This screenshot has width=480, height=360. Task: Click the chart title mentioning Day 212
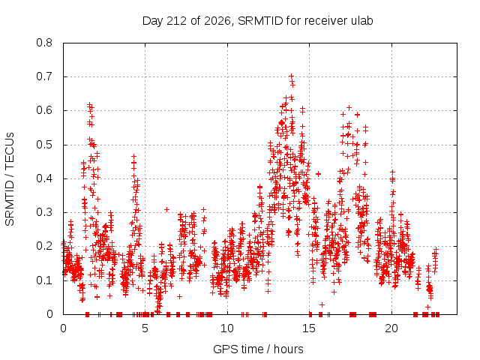tap(258, 21)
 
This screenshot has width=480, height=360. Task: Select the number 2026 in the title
tap(217, 21)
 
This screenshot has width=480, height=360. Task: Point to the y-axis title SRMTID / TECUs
tap(10, 179)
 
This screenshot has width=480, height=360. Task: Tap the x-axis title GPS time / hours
tap(258, 349)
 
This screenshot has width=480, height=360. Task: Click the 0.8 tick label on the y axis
tap(44, 43)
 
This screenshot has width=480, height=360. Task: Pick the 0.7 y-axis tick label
tap(44, 76)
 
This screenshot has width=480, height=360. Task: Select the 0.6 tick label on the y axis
tap(44, 110)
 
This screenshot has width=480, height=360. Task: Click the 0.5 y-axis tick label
tap(44, 145)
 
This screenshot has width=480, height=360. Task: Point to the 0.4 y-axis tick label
tap(44, 178)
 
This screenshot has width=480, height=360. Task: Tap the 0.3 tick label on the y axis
tap(44, 212)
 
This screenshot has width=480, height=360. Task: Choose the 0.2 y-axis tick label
tap(44, 246)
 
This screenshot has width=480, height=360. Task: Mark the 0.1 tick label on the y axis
tap(44, 280)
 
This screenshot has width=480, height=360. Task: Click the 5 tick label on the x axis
tap(145, 328)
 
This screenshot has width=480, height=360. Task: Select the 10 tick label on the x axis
tap(227, 328)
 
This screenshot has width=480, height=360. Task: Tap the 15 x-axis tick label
tap(309, 328)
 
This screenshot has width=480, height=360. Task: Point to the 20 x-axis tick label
tap(391, 328)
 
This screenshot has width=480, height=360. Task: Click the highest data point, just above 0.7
tap(292, 76)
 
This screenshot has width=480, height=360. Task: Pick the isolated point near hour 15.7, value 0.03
tap(322, 304)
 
